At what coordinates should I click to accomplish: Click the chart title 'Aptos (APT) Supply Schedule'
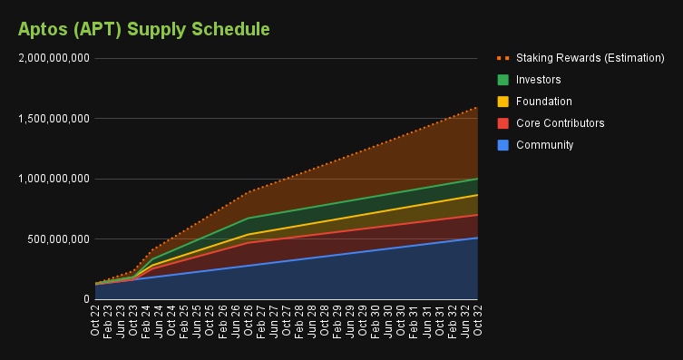[144, 29]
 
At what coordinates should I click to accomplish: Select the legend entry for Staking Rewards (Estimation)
[590, 58]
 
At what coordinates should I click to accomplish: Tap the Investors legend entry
[538, 80]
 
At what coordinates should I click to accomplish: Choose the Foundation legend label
[543, 102]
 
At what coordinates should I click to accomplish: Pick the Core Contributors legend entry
[560, 123]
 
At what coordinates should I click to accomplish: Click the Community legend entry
[544, 145]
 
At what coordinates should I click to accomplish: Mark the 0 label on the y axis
[85, 299]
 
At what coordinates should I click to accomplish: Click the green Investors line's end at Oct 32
[477, 179]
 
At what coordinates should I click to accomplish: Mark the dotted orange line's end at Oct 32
[477, 107]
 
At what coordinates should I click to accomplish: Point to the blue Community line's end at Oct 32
[477, 238]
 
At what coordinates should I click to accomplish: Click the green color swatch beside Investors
[502, 80]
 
